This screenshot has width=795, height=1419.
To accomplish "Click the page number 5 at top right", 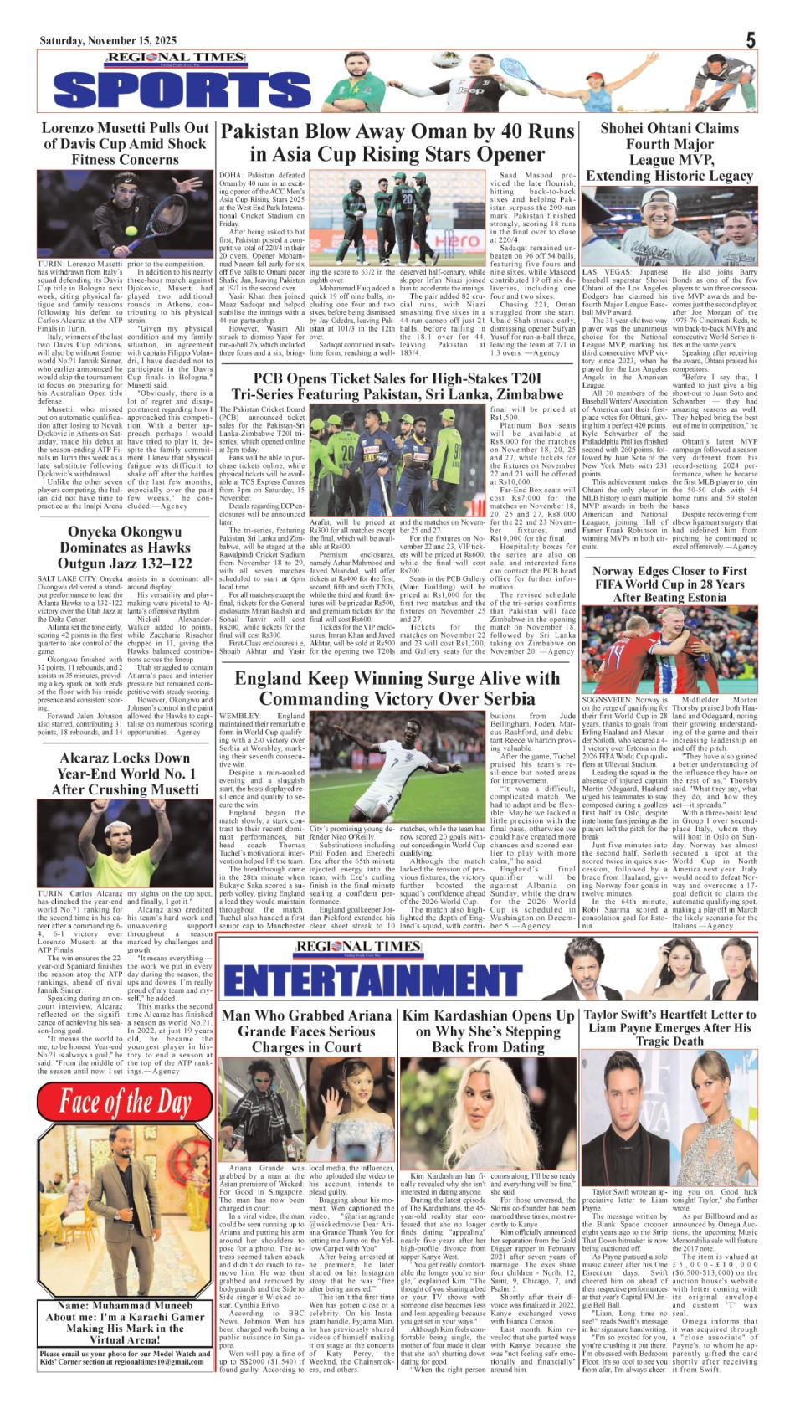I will (x=751, y=40).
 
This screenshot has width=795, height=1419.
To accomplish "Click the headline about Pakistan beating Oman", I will (x=397, y=143).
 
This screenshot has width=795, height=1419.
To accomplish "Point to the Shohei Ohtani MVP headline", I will (x=669, y=152).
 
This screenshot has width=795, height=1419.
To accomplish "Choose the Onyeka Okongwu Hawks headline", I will (x=125, y=548).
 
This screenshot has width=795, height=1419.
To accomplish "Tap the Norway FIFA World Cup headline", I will (x=669, y=584).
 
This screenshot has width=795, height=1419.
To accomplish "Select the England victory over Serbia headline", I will (x=397, y=688).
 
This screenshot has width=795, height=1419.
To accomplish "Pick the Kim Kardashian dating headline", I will (x=488, y=1031).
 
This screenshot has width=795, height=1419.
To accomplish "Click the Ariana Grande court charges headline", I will (x=305, y=1031).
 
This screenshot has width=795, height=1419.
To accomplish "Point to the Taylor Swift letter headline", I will (x=669, y=1027).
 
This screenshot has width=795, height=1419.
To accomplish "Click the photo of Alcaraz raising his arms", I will (x=125, y=842).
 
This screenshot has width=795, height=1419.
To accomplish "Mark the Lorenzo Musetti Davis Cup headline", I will (x=125, y=143).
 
